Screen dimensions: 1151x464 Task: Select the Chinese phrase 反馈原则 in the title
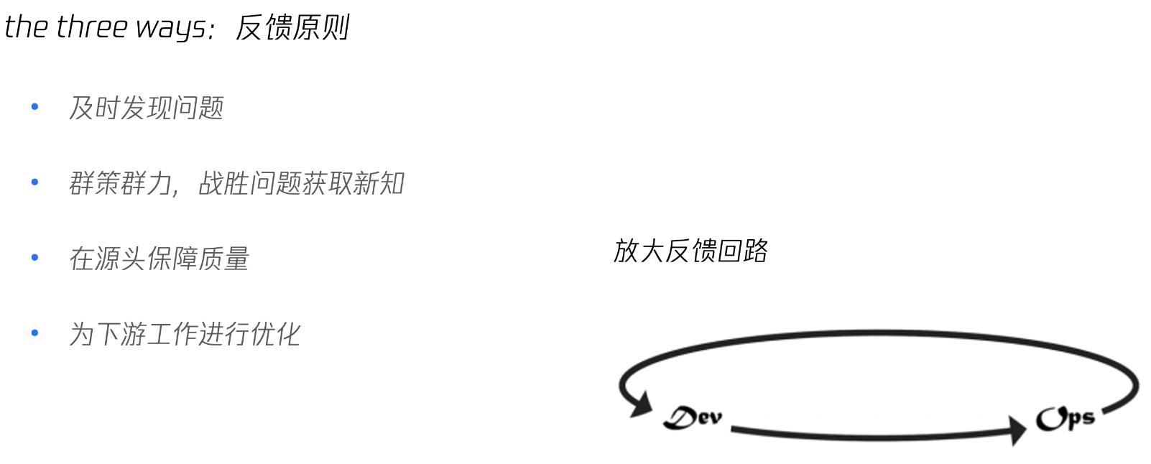[x=292, y=28]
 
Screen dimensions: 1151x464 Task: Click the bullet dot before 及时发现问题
[x=34, y=108]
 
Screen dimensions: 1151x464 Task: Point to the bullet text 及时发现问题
[x=146, y=108]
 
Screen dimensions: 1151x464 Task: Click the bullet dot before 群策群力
[x=34, y=183]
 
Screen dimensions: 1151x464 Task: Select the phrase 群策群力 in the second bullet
[x=119, y=184]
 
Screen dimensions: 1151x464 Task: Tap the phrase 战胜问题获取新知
[x=301, y=184]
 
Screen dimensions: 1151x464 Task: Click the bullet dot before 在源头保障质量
[x=34, y=258]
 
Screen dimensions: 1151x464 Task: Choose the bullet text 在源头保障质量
[x=159, y=259]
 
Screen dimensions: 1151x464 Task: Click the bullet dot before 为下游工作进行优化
[x=34, y=333]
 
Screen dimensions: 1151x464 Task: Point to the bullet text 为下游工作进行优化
[x=184, y=334]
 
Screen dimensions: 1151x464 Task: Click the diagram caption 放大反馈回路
[x=690, y=251]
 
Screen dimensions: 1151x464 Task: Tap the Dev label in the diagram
[x=693, y=417]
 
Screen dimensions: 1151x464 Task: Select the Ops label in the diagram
[x=1066, y=418]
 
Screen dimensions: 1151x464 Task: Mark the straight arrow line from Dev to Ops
[x=869, y=435]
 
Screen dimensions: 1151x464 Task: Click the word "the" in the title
[x=26, y=27]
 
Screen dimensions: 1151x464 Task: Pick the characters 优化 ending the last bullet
[x=275, y=334]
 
